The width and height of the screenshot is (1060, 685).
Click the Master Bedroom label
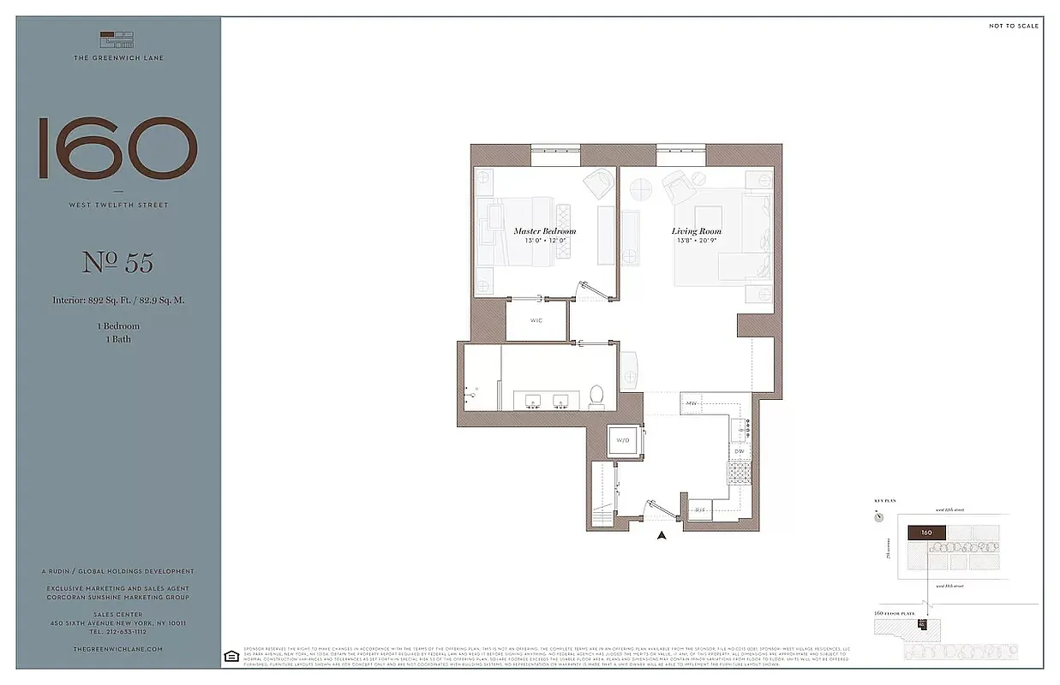coord(544,231)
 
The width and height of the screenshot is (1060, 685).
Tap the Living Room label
coord(696,231)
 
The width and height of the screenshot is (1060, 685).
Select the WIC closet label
coord(536,321)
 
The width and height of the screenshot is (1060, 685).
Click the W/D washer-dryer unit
coord(623,441)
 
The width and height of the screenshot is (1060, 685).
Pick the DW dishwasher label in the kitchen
coord(739,450)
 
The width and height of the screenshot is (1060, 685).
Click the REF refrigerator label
coord(700,510)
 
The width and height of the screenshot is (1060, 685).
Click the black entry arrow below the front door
coord(662,536)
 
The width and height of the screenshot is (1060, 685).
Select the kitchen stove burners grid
coord(738,473)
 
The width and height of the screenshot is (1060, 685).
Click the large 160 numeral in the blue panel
coord(118,148)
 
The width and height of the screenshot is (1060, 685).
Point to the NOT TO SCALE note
coord(1013,27)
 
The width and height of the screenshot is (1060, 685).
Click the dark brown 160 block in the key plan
coord(926,533)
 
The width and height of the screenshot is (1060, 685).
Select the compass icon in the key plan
coord(879,516)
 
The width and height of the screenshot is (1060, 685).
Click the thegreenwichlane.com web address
coord(118,650)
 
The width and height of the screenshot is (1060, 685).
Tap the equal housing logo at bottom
coord(230,656)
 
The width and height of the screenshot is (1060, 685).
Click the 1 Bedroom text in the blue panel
coord(118,326)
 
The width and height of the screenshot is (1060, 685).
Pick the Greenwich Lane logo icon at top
coord(118,39)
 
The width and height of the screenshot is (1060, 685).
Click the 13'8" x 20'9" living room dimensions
coord(696,241)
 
